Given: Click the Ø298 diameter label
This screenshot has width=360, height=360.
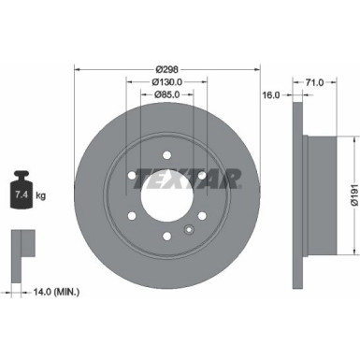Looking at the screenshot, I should (167, 70).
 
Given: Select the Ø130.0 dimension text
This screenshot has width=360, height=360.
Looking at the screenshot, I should (167, 81).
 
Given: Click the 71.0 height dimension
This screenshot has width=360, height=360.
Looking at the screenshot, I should (314, 82).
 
